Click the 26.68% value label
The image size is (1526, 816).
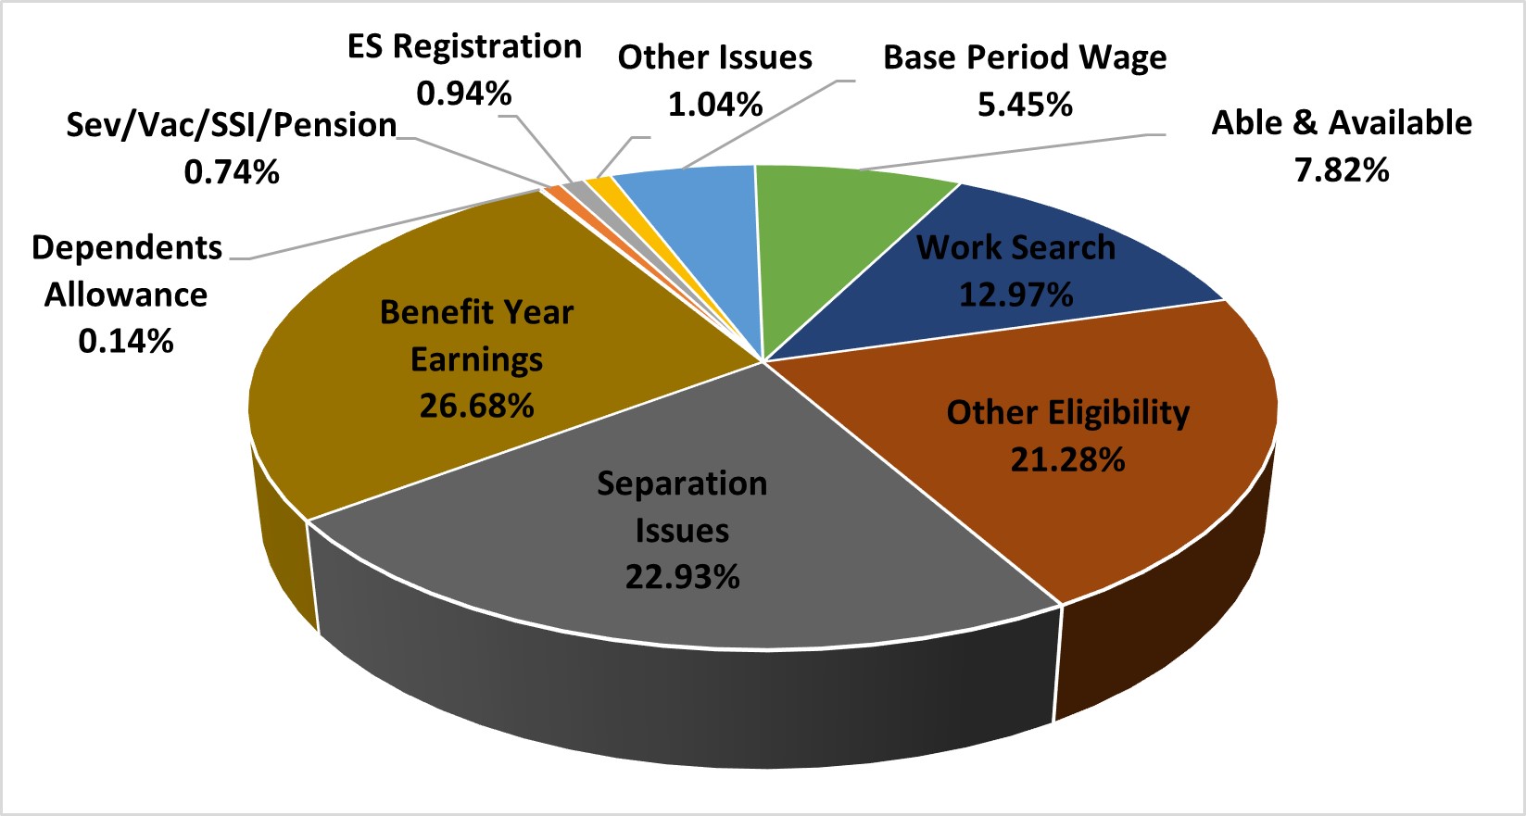coord(476,406)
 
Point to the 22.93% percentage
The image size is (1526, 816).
coord(682,577)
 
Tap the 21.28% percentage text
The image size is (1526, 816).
coord(1067,459)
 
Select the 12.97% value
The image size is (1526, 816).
coord(1015,295)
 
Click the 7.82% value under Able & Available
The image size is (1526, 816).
coord(1342,170)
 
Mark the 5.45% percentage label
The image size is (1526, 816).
coord(1025,105)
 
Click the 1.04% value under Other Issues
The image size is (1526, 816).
coord(715,105)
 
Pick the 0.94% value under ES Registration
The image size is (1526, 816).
coord(464,94)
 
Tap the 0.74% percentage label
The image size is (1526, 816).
coord(232,172)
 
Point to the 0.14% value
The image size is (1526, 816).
coord(126,342)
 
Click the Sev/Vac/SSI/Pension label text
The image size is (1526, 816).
coord(232,125)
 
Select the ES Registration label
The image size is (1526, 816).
coord(464,46)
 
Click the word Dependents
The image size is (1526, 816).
coord(127,247)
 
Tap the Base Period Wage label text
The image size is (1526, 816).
coord(1025,57)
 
